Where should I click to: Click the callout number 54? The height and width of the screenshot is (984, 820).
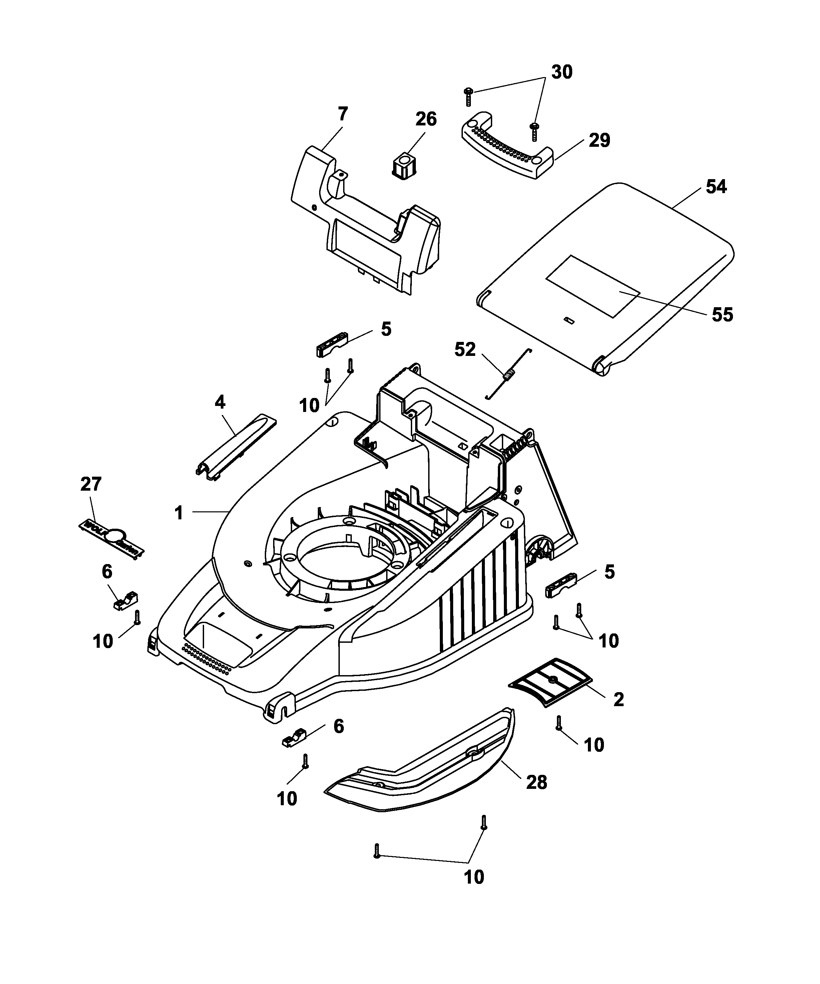click(x=716, y=187)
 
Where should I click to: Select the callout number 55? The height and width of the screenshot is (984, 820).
click(x=722, y=315)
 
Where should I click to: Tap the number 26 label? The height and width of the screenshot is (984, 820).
click(x=426, y=119)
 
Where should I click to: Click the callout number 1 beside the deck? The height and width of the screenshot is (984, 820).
click(x=178, y=513)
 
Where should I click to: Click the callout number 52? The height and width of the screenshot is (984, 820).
click(x=465, y=350)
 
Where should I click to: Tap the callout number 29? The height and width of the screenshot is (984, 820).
click(x=599, y=140)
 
